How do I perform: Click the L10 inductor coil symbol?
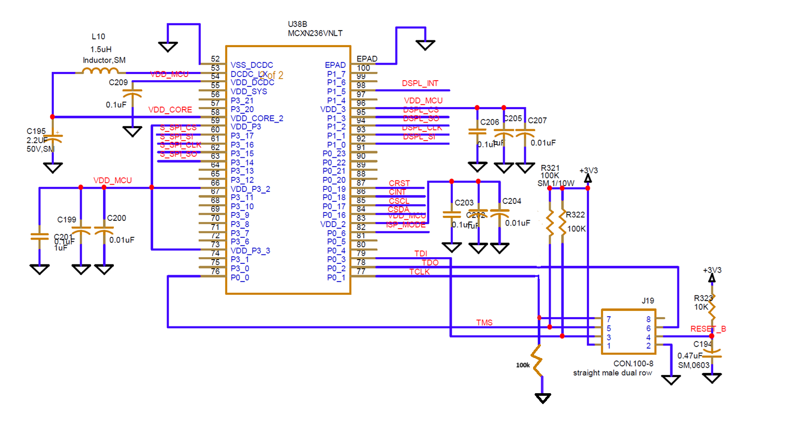point(101,71)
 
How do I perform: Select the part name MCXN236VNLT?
point(315,33)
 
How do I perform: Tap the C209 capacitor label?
point(118,83)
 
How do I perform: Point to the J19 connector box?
point(628,332)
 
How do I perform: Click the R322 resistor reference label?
point(575,215)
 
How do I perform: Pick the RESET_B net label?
point(708,329)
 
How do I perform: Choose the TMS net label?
point(484,323)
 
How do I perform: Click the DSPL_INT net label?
point(420,83)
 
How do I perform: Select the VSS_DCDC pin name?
point(252,65)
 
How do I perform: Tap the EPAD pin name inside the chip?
point(335,65)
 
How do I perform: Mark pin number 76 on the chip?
point(215,271)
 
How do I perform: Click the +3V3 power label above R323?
point(712,270)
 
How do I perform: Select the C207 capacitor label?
point(537,121)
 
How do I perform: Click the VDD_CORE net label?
point(170,110)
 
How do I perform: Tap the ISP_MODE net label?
point(406,225)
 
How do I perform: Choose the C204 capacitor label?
point(511,201)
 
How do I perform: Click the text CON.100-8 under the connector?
point(633,364)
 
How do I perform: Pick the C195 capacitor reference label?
point(36,131)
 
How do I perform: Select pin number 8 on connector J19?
point(648,319)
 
